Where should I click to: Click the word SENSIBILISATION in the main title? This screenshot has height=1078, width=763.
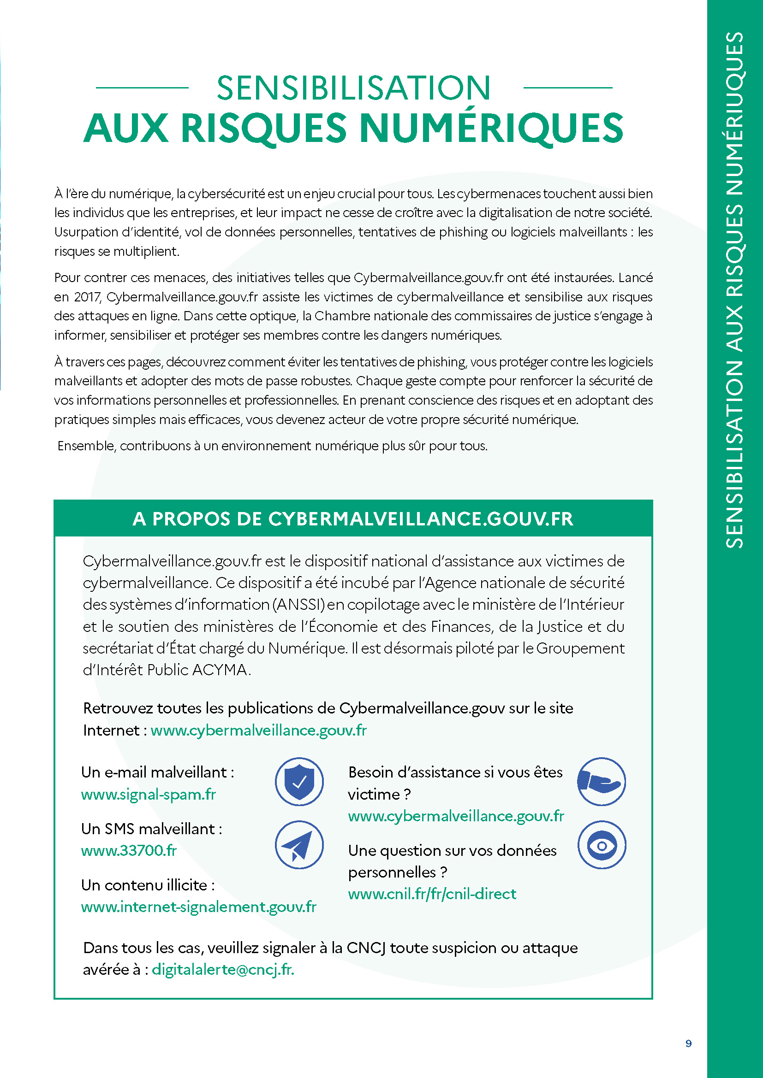coord(353,88)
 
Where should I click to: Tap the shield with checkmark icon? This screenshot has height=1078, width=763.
coord(299,781)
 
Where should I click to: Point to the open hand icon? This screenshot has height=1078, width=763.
coord(601,781)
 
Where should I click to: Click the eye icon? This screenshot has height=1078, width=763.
coord(602,845)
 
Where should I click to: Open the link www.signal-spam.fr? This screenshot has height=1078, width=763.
coord(149,794)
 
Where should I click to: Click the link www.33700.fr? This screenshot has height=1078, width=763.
coord(129,850)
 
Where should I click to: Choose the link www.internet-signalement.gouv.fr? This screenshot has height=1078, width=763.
coord(199,907)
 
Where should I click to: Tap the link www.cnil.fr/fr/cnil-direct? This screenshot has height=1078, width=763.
coord(432,894)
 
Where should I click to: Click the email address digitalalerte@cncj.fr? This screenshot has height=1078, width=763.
coord(223,969)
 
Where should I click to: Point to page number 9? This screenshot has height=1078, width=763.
coord(688,1043)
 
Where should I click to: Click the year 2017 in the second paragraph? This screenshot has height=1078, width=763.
coord(87,297)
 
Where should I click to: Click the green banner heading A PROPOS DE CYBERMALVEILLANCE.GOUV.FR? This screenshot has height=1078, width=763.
coord(353,519)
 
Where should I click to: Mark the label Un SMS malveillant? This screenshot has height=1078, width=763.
coord(151,829)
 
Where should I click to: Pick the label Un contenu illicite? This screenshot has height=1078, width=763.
coord(148,885)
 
